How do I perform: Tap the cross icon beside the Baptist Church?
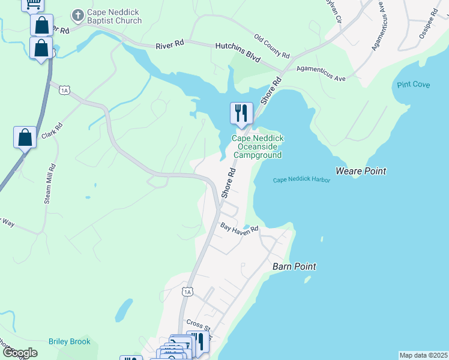tap(77, 14)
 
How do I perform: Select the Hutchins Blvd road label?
tap(238, 52)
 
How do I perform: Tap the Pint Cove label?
tap(413, 85)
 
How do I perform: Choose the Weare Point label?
tap(361, 171)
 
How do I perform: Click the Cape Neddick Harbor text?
tap(302, 180)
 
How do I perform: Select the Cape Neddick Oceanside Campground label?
tap(258, 146)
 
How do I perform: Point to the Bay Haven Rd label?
tap(238, 228)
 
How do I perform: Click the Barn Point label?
tap(294, 266)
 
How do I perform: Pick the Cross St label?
tap(199, 324)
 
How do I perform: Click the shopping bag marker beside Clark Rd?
tap(25, 137)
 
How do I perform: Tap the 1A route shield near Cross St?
tap(187, 292)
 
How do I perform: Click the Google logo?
tap(20, 353)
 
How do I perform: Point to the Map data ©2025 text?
tap(423, 355)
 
